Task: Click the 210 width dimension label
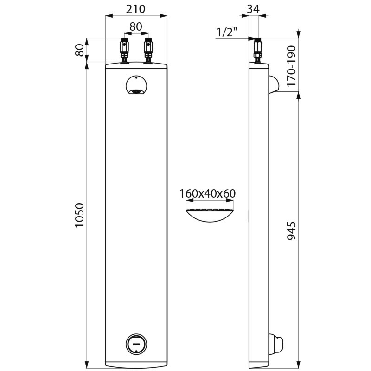coord(136,8)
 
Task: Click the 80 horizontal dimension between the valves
coord(136,27)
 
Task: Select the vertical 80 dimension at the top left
coord(80,50)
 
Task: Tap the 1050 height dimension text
coord(80,215)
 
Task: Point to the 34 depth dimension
coord(253,8)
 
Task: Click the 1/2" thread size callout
coord(227,32)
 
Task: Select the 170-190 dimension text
coord(291,65)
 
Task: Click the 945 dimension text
coord(291,230)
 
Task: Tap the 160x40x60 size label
coord(207,193)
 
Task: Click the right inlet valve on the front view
coord(148,50)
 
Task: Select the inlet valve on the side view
coord(257,50)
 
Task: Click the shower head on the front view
coord(136,87)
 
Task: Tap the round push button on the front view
coord(136,344)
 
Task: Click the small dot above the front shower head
coord(136,77)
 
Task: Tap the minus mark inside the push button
coord(136,344)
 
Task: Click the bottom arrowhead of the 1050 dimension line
coord(87,362)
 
